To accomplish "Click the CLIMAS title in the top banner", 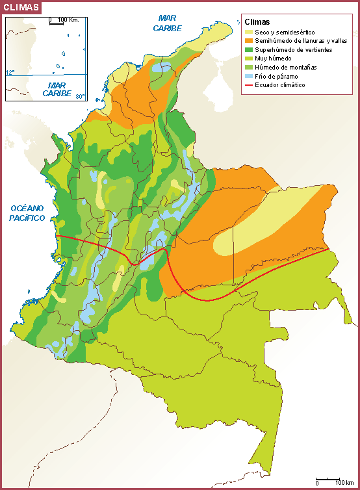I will click(x=21, y=8).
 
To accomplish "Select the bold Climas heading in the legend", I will click(x=257, y=21).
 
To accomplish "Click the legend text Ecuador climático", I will click(x=279, y=85).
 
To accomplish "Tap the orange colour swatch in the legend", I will click(x=249, y=40).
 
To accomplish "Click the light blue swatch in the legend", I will click(x=249, y=76).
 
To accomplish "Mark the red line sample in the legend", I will click(x=249, y=85).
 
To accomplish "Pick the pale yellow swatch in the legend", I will click(x=249, y=31).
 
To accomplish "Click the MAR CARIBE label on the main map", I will click(x=168, y=24).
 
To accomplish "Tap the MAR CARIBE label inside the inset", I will click(x=57, y=89).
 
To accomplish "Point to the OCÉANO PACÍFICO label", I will click(x=28, y=213).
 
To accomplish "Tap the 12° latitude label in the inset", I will click(x=10, y=72).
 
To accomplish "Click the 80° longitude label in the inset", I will click(x=79, y=97).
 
